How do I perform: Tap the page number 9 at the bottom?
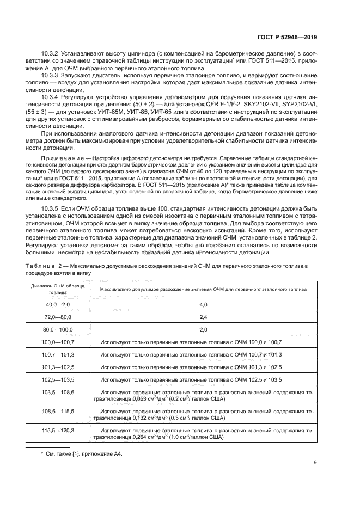tap(315, 463)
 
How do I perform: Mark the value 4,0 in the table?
tap(203, 304)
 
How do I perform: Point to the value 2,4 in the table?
tap(203, 317)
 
